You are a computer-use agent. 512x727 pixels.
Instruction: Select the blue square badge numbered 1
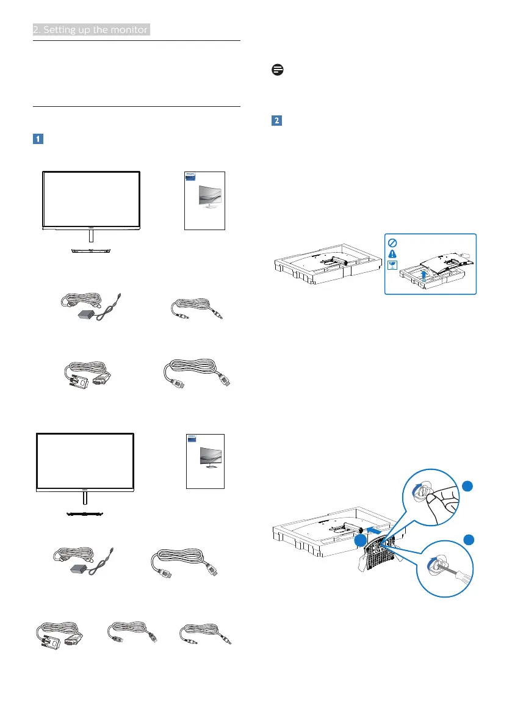tap(37, 139)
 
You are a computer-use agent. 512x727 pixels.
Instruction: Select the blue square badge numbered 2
tap(276, 121)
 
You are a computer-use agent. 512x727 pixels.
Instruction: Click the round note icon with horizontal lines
tap(276, 71)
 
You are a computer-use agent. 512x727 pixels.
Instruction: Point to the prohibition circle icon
tap(392, 241)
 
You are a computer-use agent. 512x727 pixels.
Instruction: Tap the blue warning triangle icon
tap(392, 253)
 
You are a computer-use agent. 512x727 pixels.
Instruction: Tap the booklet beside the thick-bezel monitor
tap(204, 201)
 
